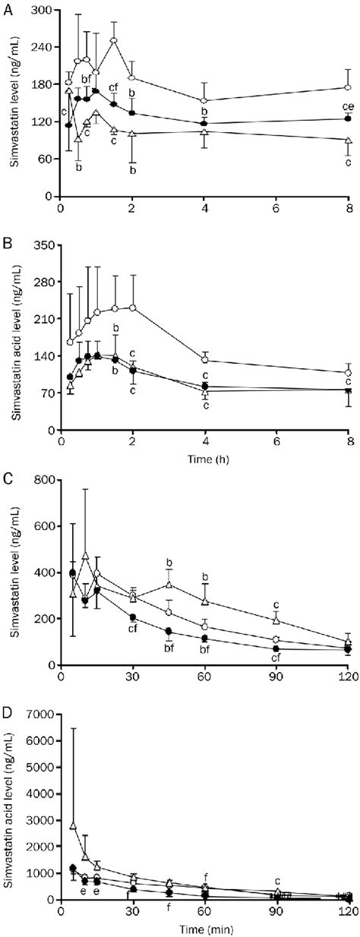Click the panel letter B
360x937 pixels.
click(6, 242)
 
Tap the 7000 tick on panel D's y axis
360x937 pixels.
click(39, 715)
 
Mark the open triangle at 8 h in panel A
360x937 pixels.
click(348, 140)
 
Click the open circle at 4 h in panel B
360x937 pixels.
click(204, 360)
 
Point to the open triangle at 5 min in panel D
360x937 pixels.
click(73, 825)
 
